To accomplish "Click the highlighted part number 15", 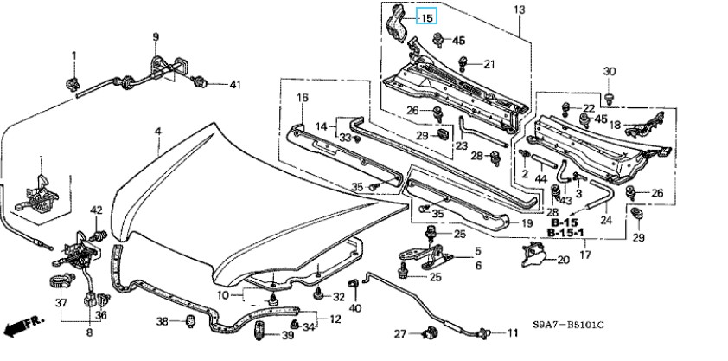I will [427, 16].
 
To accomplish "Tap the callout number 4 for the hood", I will [157, 131].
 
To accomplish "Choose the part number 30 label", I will [609, 71].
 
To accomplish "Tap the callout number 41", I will [236, 84].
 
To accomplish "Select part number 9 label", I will [156, 36].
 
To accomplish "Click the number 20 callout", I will [562, 259].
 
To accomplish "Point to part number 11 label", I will [512, 332].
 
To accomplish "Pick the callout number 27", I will [399, 333].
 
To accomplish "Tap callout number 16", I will [303, 98].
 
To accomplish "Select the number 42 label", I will [96, 210].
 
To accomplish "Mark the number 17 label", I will [584, 255].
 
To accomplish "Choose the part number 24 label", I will [605, 220].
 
